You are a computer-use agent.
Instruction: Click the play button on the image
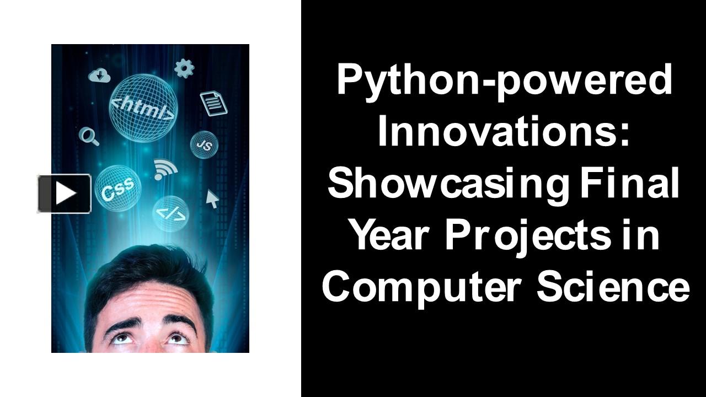pos(65,194)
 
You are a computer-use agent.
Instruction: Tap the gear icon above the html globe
pos(184,68)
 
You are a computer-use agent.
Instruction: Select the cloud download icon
pos(100,76)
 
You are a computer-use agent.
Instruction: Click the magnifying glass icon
pos(89,136)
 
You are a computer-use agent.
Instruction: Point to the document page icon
pos(213,103)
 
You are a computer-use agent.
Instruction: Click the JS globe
pos(204,144)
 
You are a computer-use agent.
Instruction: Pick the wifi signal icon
pos(164,169)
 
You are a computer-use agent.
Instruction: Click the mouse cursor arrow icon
pos(212,198)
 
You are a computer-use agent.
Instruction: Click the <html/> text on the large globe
pos(143,109)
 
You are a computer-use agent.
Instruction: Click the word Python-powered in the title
pos(505,79)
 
